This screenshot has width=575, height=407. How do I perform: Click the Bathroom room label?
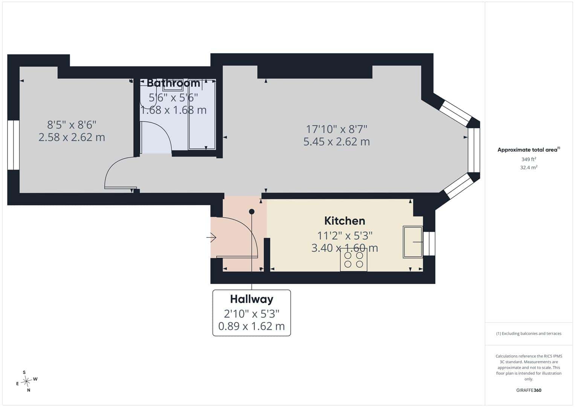click(x=174, y=83)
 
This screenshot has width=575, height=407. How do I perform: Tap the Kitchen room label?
click(x=345, y=221)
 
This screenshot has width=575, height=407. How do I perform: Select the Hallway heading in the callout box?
click(x=252, y=299)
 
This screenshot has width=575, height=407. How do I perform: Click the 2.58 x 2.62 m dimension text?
click(x=72, y=137)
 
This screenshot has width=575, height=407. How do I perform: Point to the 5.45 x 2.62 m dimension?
click(x=337, y=142)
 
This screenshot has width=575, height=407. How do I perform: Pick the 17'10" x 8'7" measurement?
click(x=337, y=129)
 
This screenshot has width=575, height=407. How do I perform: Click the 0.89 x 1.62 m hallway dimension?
click(x=252, y=326)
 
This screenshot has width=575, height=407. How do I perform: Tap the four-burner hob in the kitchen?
click(x=354, y=260)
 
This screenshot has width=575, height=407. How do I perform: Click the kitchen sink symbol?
click(x=413, y=242)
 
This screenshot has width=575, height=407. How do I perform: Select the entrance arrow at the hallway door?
click(x=211, y=237)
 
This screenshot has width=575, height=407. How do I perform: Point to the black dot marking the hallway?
click(x=252, y=211)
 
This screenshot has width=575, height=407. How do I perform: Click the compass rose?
click(x=26, y=381)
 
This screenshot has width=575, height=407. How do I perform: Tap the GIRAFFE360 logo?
click(x=529, y=390)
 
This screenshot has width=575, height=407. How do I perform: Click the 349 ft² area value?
click(x=529, y=159)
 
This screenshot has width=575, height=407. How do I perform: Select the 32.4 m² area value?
click(x=529, y=168)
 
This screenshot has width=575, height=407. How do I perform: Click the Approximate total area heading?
click(x=529, y=150)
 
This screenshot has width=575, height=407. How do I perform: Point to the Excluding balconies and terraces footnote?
click(x=529, y=334)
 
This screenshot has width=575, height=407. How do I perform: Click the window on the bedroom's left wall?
click(x=13, y=145)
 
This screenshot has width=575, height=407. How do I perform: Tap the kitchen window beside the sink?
click(x=429, y=243)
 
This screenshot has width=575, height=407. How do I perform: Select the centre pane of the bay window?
click(x=474, y=150)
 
